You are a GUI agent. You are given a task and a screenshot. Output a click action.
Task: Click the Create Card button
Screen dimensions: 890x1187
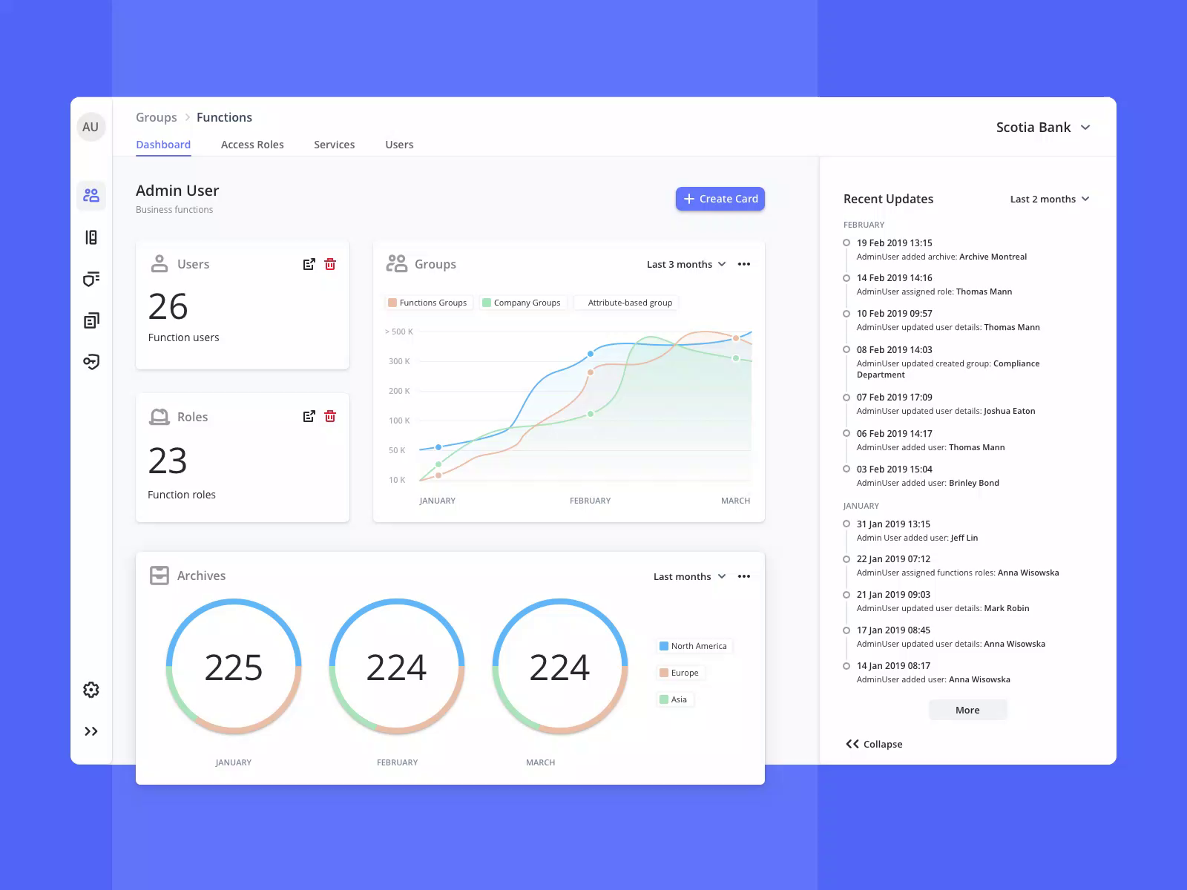720,199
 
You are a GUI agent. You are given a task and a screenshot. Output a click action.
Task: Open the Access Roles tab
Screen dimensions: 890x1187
252,145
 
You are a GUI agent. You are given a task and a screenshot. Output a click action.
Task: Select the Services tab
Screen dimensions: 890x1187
334,145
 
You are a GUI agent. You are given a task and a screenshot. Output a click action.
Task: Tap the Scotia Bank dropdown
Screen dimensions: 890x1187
1042,128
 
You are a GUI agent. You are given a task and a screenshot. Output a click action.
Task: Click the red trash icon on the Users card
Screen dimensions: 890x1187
330,264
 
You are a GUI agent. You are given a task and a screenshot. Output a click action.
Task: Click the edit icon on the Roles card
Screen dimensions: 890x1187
309,417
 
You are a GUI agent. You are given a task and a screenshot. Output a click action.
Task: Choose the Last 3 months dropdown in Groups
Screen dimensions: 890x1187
685,264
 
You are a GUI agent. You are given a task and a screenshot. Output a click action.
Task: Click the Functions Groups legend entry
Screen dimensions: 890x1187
428,303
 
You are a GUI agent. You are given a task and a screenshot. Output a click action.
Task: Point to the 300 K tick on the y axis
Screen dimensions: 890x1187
399,361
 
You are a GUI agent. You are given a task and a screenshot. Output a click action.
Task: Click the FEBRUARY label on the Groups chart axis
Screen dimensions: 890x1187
590,501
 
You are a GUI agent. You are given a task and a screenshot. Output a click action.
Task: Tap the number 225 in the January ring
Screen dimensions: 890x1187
234,667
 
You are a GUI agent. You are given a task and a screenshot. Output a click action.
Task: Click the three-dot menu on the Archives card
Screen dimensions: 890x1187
744,576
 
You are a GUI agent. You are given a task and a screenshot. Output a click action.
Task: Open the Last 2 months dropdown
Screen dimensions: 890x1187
1049,199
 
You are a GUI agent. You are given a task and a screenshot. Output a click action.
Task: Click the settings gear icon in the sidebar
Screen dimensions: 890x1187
91,690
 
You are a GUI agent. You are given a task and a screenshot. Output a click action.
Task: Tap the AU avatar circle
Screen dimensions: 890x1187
91,127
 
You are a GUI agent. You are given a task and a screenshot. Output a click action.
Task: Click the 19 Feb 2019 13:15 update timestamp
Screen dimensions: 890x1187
894,243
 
